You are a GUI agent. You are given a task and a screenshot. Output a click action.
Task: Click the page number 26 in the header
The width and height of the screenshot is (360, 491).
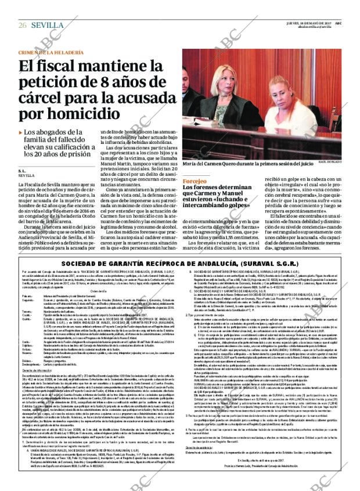click(x=23, y=25)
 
